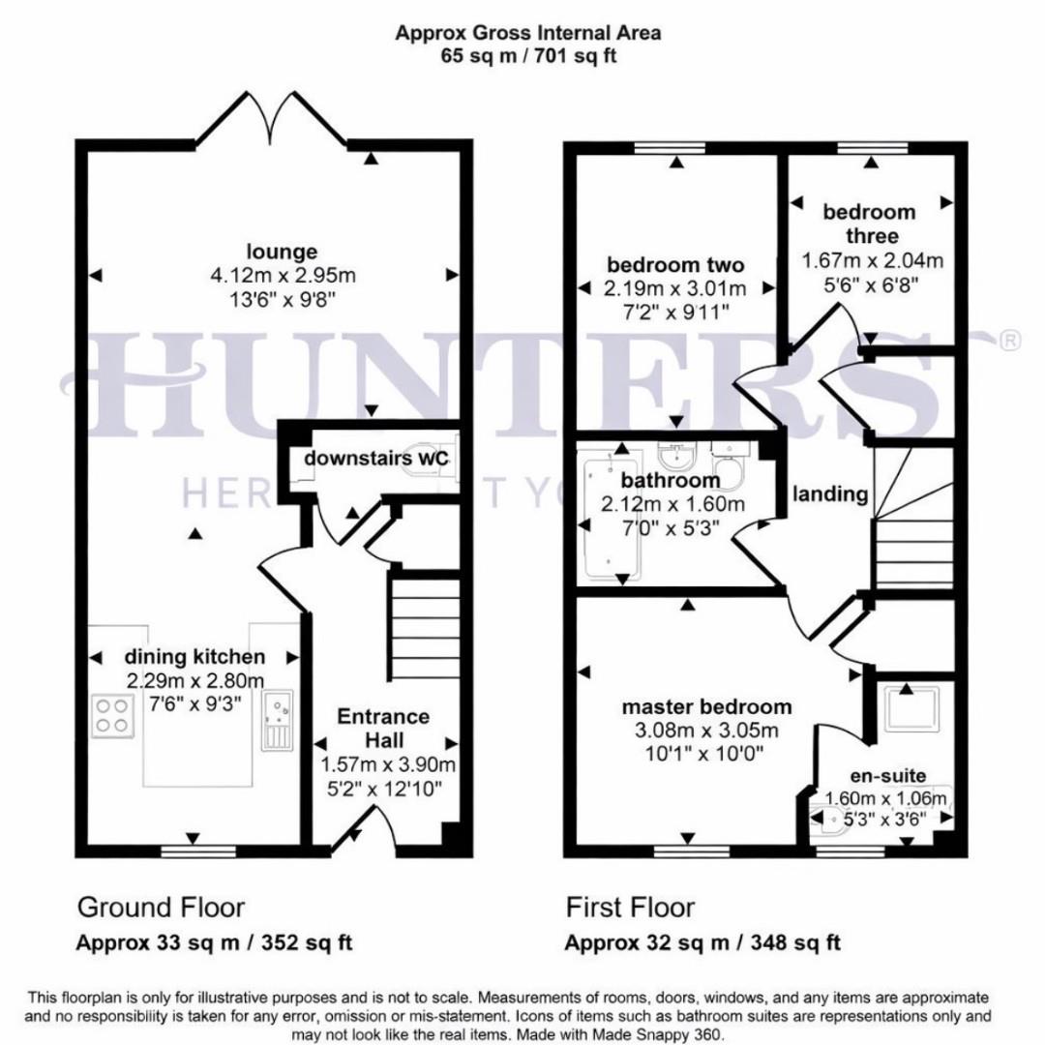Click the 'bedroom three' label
868,224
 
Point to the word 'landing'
830,493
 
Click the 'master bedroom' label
705,706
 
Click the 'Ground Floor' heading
161,908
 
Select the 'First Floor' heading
630,908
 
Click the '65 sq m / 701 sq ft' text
527,55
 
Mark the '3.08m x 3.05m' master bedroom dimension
705,730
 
